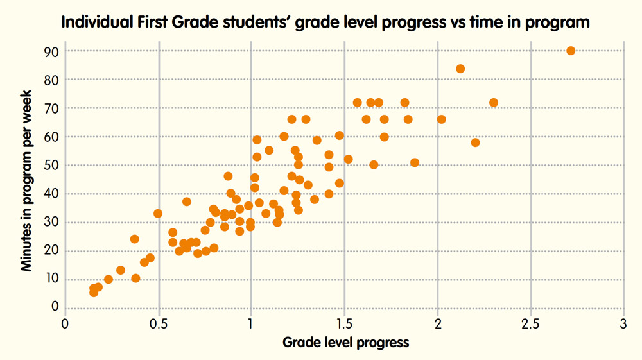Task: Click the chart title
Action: click(x=325, y=23)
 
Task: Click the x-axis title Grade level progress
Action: click(x=345, y=342)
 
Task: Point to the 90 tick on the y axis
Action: click(x=51, y=51)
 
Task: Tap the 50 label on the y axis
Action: click(x=51, y=166)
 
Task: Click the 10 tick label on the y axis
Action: click(x=51, y=279)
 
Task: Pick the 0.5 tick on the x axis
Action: click(x=158, y=323)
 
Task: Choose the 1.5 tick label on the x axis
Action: click(x=344, y=323)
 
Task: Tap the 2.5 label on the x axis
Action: click(x=530, y=323)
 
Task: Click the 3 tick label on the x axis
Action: click(x=623, y=323)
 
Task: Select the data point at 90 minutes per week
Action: click(x=571, y=51)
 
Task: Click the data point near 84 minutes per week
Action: click(x=460, y=69)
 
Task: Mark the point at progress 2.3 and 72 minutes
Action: click(x=494, y=103)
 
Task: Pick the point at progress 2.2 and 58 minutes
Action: click(x=475, y=142)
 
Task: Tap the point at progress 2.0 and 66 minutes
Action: click(x=441, y=119)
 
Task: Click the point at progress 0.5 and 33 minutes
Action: click(x=158, y=214)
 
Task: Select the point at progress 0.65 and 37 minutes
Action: click(x=187, y=201)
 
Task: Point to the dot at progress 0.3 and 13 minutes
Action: click(x=121, y=270)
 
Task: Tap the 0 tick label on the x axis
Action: click(x=65, y=323)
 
